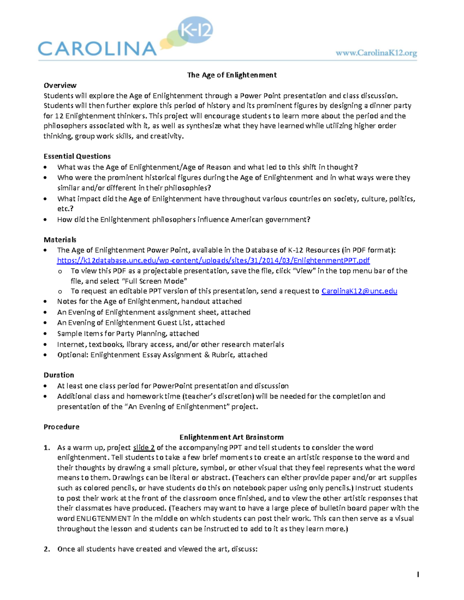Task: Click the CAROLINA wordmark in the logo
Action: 97,49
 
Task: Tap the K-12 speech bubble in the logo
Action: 195,30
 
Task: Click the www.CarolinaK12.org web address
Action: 376,53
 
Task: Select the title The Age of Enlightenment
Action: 232,75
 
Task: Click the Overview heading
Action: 60,85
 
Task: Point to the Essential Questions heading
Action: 77,156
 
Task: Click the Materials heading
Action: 60,240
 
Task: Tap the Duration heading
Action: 59,375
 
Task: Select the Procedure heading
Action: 61,427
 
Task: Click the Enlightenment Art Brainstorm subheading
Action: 231,437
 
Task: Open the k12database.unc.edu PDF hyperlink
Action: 213,260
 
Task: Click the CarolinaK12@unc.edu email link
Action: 359,291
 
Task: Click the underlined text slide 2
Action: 144,448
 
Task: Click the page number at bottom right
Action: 418,575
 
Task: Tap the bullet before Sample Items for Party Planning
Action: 46,334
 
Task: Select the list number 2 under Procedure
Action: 47,549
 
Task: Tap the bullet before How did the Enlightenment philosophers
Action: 46,220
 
